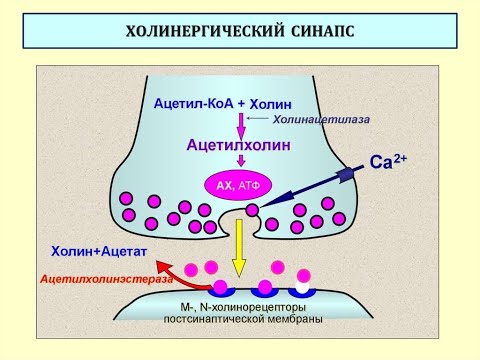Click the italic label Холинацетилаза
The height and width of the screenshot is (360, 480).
[x=321, y=119]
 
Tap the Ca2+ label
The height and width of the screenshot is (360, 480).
[x=388, y=160]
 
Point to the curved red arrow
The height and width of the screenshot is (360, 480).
[x=179, y=273]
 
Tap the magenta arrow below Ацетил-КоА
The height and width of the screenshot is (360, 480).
[x=240, y=125]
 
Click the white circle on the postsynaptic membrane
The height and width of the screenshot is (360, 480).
[x=303, y=275]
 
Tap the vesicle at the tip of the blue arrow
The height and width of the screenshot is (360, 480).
[x=252, y=209]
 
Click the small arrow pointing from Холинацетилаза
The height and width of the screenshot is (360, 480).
[x=261, y=119]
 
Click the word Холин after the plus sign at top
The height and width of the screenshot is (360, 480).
[x=271, y=104]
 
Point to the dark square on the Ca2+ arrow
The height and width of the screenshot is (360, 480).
[x=345, y=175]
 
